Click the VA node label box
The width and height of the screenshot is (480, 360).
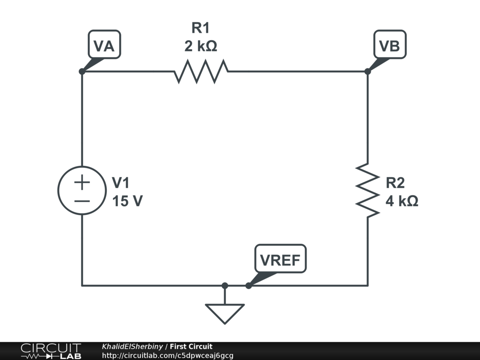coord(104,45)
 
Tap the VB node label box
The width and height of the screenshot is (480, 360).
coord(390,45)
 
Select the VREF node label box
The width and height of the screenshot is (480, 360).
coord(280,259)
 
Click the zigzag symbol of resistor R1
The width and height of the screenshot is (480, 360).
coord(201,72)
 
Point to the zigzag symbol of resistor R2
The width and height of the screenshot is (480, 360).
coord(367,190)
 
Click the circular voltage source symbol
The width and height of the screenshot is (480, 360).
coord(82,191)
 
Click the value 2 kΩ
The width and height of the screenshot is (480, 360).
coord(201,46)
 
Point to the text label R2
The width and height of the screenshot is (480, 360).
coord(395,182)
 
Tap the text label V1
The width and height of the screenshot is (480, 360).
coord(120,182)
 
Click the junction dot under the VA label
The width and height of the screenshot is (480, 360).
coord(82,71)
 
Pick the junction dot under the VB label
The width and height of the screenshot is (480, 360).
coord(367,71)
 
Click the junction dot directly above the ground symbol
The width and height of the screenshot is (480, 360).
coord(225,285)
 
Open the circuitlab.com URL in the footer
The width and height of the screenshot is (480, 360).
coord(167,356)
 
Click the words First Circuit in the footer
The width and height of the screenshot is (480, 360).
coord(191,346)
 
